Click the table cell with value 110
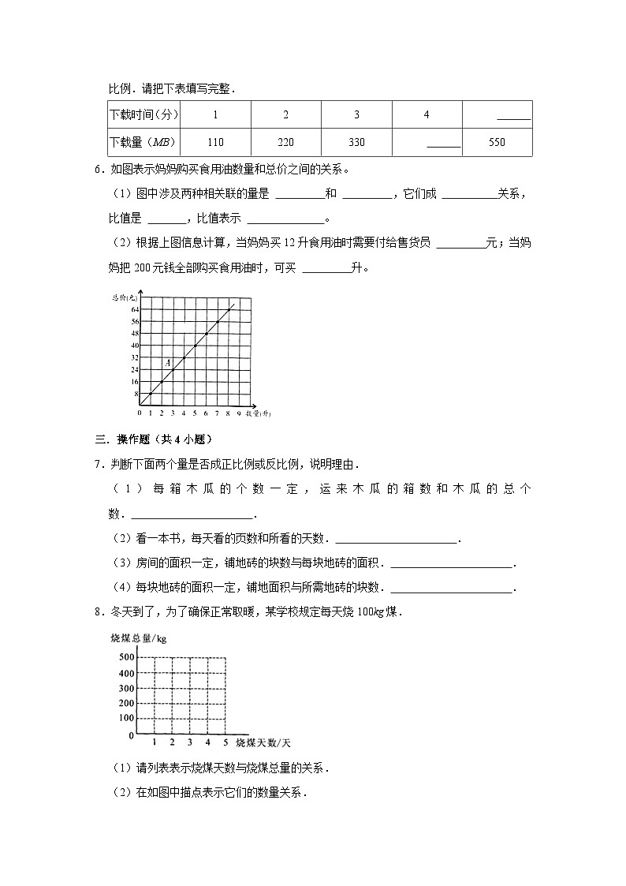click(x=215, y=142)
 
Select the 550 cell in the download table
click(x=497, y=142)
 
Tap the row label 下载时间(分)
click(x=143, y=115)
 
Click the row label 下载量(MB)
click(x=143, y=142)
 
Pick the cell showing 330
click(x=356, y=142)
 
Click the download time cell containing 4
click(x=427, y=115)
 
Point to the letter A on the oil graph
click(x=167, y=362)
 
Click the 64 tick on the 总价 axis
click(x=135, y=308)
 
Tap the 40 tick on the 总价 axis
click(x=135, y=346)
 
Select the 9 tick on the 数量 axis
click(x=239, y=413)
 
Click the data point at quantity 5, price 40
click(x=195, y=346)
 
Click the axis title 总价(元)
click(x=125, y=297)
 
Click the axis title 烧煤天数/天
click(x=263, y=743)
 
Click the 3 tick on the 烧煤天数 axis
click(x=189, y=743)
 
